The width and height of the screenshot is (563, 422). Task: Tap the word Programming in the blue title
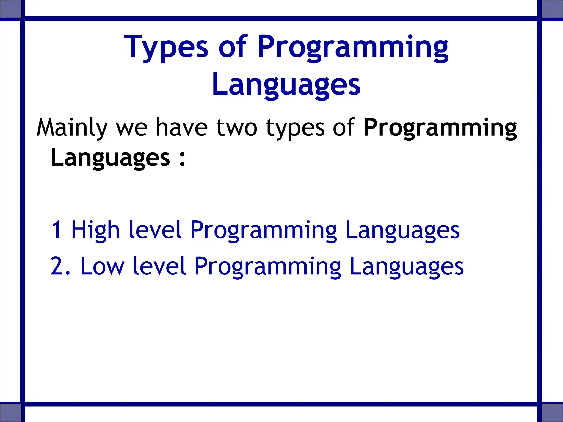pos(353,47)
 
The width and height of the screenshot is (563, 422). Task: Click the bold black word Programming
pos(440,128)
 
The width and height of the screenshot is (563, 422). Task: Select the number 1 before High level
pos(56,230)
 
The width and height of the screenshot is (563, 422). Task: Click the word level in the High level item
pos(155,230)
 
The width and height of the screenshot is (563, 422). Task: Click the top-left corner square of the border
pos(10,9)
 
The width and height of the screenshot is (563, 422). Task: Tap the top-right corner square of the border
pos(552,9)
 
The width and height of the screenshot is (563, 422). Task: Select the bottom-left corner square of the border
pos(10,413)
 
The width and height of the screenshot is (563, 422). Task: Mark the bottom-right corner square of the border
pos(552,413)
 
